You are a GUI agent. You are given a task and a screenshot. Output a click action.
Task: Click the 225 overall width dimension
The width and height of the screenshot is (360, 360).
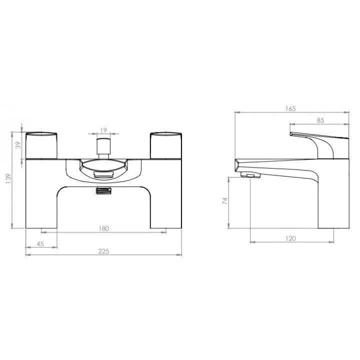click(x=103, y=251)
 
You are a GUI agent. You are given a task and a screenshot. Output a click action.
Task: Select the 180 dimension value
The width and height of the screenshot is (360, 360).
click(x=104, y=228)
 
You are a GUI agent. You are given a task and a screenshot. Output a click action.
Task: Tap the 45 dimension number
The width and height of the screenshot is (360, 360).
click(x=40, y=244)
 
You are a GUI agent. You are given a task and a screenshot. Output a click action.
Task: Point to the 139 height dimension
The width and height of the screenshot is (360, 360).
click(x=8, y=178)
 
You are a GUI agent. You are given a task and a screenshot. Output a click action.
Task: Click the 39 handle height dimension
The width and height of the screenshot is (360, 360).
click(x=18, y=145)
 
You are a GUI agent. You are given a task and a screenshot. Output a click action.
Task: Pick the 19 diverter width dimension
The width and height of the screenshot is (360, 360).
click(x=103, y=130)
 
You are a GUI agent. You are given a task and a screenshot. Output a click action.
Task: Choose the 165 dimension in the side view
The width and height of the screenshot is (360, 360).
click(x=290, y=108)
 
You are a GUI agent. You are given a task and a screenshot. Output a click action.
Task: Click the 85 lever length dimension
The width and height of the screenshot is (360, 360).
click(x=320, y=120)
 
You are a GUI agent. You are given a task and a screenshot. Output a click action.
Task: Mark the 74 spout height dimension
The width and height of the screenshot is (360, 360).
click(x=225, y=201)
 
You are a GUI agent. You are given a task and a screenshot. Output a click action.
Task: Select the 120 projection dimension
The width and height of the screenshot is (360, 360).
click(x=290, y=238)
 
